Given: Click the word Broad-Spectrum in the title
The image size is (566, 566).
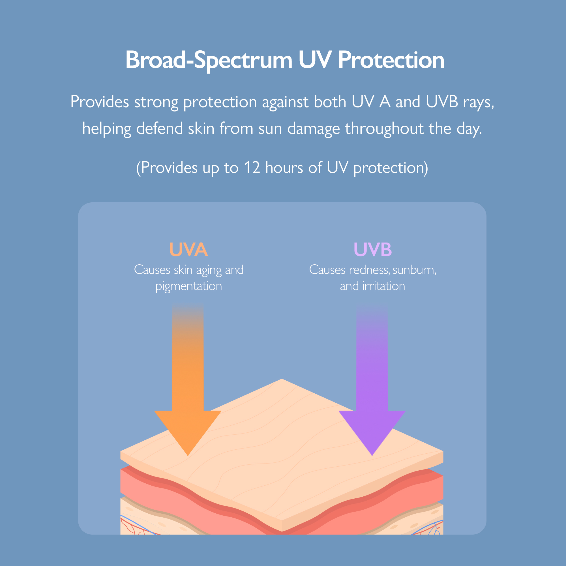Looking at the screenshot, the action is coord(209,60).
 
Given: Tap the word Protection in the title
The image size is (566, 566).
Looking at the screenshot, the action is coord(391,60).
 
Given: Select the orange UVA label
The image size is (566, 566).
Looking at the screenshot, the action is coord(189,250).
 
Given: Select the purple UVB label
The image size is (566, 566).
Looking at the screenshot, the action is coord(373,250).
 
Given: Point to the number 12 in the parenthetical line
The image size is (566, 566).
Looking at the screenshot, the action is coord(252,168).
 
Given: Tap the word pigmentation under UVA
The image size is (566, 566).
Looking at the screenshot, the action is coord(189,286).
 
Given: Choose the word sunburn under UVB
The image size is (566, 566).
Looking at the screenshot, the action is coord(414,270).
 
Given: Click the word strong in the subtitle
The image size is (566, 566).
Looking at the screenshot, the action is coord(156,102).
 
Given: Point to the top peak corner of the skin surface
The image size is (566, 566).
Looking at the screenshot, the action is coord(282,379).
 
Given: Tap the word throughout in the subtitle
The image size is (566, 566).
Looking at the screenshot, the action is coord(384,128).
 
